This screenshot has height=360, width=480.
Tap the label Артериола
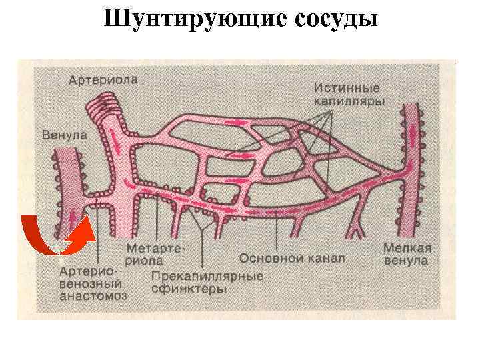click(x=103, y=80)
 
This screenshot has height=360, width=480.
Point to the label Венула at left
click(x=65, y=134)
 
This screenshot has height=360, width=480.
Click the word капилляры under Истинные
click(x=347, y=101)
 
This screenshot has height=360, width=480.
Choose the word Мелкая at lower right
click(x=407, y=248)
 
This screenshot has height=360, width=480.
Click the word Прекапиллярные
click(x=207, y=276)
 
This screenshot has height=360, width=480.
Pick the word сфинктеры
click(x=189, y=289)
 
